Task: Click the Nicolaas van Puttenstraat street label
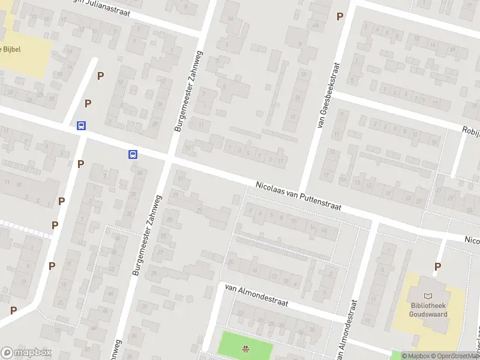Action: (298, 196)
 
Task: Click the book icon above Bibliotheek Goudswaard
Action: (428, 296)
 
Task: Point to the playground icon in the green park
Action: (245, 349)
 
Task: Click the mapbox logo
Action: (26, 352)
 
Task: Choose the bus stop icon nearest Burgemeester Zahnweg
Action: (133, 154)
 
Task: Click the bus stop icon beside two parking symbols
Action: (81, 125)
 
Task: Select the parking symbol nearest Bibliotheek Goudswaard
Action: (437, 266)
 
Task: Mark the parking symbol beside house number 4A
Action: (340, 17)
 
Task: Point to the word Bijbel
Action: (12, 49)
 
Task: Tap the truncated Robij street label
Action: (470, 130)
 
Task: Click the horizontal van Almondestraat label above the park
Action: (256, 295)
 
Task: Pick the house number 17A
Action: (344, 178)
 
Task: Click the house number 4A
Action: (314, 25)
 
